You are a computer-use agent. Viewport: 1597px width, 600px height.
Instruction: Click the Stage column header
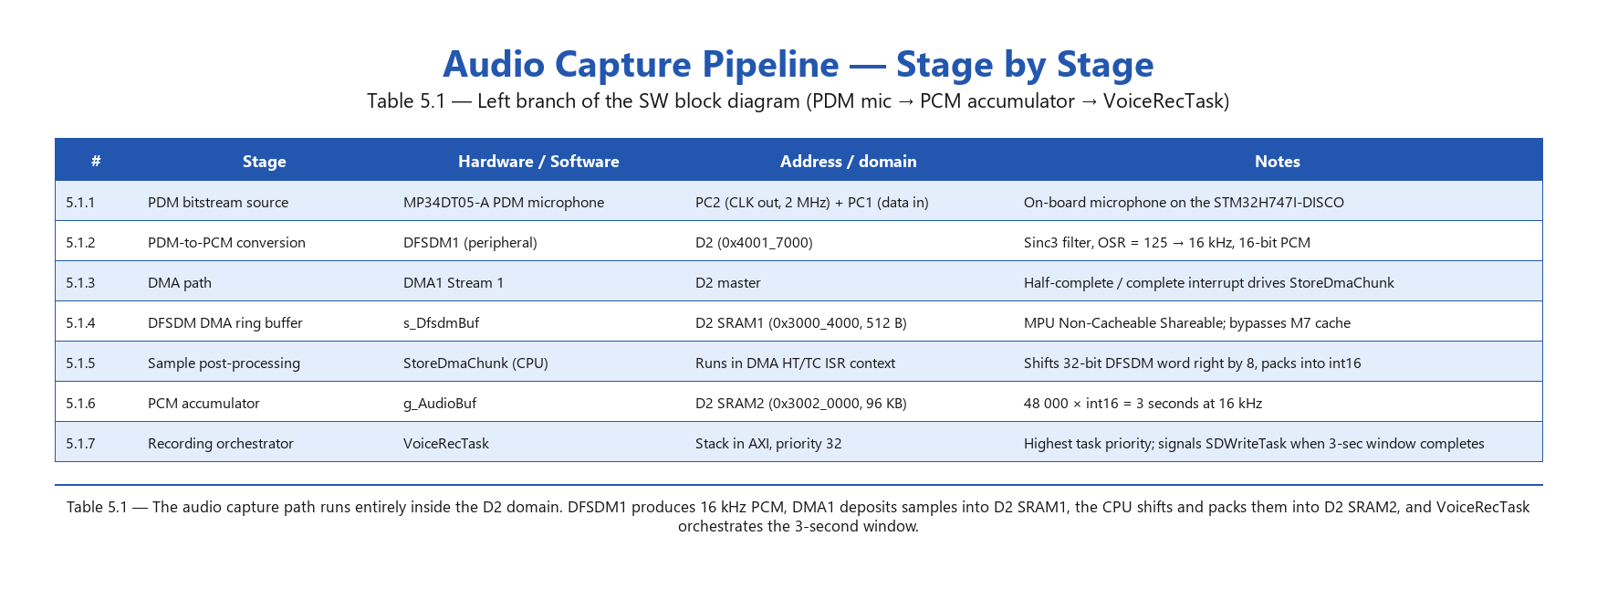pos(264,162)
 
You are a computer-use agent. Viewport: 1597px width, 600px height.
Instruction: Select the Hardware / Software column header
pos(538,162)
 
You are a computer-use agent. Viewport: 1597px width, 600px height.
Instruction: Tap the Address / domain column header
pos(848,162)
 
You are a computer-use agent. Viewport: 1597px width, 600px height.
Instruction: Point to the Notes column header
pos(1277,162)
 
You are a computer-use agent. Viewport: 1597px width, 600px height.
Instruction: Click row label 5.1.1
pos(80,203)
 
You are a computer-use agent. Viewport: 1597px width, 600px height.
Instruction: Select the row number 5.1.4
pos(80,323)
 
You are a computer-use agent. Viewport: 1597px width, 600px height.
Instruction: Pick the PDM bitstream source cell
pos(218,203)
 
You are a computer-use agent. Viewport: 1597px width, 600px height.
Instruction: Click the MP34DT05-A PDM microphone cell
pos(504,203)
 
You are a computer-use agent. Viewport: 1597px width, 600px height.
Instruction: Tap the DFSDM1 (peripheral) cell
pos(470,243)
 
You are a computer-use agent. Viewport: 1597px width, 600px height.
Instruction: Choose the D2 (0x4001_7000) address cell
pos(754,243)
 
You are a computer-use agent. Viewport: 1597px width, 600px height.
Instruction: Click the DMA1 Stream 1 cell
pos(454,283)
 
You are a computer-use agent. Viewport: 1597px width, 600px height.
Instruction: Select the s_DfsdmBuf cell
pos(441,323)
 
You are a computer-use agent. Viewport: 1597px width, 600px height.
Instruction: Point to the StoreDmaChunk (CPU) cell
pos(475,363)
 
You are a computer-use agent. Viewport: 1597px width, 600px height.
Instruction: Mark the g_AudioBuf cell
pos(440,404)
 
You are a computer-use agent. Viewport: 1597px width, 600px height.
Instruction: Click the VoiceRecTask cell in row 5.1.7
pos(446,444)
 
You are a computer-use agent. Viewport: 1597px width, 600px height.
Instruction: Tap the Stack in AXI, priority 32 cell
pos(768,444)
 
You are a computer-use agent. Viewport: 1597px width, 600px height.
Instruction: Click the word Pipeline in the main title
pos(770,65)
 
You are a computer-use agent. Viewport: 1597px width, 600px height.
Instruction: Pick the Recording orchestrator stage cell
pos(221,444)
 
